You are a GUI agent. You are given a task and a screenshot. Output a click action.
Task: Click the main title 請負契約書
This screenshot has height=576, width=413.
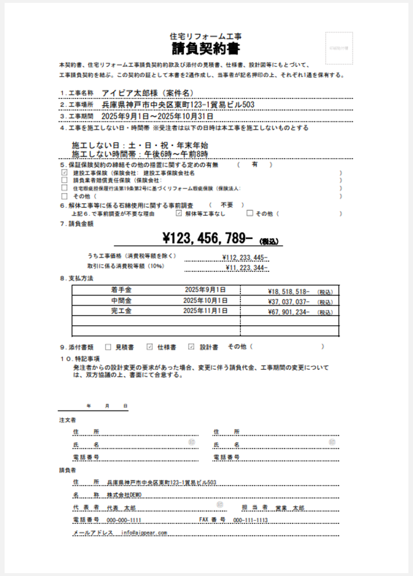pos(205,47)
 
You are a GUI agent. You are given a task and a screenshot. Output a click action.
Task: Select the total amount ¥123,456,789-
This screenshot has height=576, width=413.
pos(208,236)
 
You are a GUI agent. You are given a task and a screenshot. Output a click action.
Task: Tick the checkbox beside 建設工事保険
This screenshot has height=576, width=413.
pos(64,172)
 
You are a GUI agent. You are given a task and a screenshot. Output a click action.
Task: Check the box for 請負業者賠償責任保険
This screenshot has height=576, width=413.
pos(64,180)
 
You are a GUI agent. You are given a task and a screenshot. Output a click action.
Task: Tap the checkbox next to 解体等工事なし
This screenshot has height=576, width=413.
pos(180,214)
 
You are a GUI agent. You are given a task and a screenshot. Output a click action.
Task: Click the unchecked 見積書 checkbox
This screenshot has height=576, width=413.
pos(108,347)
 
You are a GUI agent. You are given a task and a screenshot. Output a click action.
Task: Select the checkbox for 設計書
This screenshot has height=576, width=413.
pos(192,347)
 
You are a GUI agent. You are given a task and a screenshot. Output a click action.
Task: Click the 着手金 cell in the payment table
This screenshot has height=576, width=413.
pos(122,290)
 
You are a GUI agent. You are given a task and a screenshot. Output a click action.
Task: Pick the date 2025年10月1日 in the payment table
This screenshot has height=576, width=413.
pos(205,301)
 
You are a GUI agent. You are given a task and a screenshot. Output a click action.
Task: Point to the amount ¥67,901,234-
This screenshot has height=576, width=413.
pos(289,311)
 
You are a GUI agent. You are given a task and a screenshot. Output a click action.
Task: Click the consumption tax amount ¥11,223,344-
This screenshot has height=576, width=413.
pos(247,267)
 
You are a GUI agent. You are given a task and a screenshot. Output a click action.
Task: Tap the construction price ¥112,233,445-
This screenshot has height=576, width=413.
pos(245,257)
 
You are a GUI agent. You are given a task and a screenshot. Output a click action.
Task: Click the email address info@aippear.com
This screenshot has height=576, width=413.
pos(145,532)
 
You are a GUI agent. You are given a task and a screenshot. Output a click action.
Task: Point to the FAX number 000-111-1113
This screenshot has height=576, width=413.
pos(251,520)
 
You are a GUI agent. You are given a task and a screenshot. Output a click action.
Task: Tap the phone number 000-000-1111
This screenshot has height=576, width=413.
pos(124,520)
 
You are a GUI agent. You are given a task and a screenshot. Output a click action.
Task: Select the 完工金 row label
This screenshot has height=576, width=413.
pos(122,311)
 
